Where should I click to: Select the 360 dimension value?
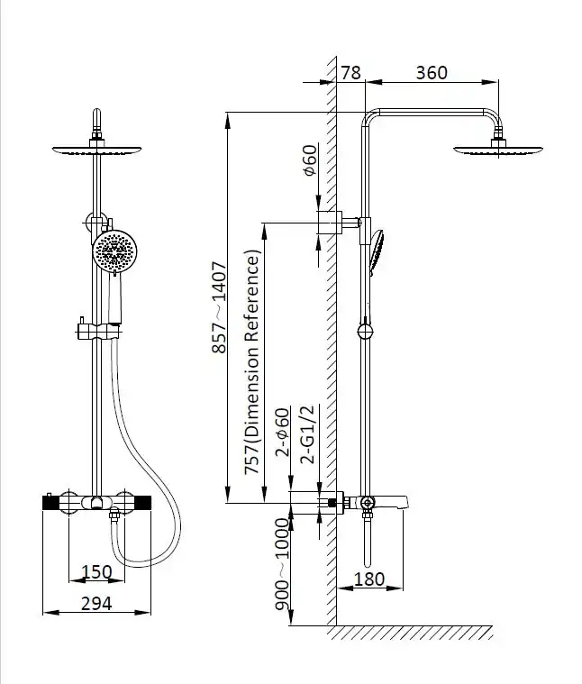tap(432, 72)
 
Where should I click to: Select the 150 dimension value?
tap(96, 571)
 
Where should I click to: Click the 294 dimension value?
tap(96, 603)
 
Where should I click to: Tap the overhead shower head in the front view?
tap(95, 148)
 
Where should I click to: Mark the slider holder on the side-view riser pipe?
tap(364, 331)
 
